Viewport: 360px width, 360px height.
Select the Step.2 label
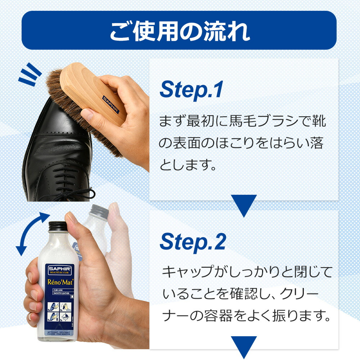(x=193, y=242)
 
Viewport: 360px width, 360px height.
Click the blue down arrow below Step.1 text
(x=244, y=205)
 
